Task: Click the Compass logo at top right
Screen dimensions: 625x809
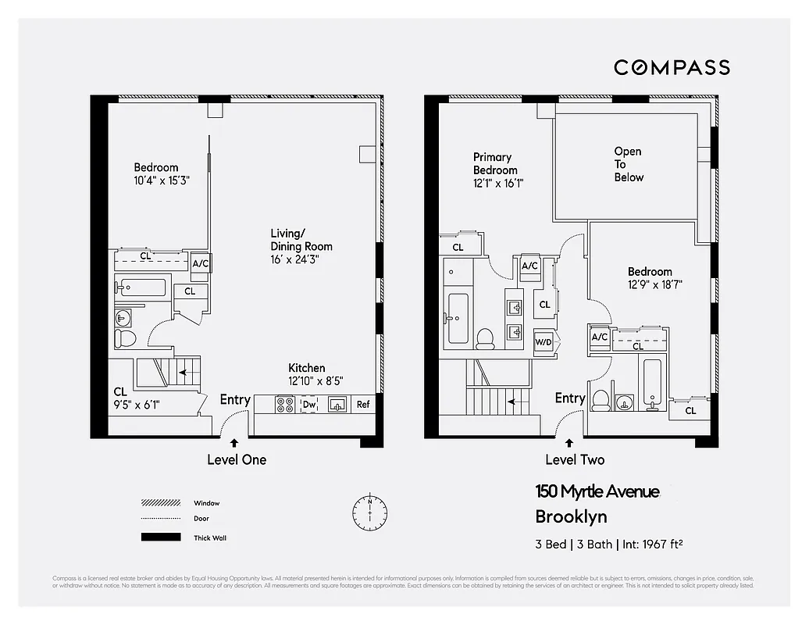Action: (672, 67)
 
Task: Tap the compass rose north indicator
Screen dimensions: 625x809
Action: (369, 511)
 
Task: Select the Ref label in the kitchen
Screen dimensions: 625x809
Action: (363, 405)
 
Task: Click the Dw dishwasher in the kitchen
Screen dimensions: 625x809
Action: (309, 405)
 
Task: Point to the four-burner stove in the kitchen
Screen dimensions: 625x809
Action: (285, 405)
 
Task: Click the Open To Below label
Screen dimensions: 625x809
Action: (629, 164)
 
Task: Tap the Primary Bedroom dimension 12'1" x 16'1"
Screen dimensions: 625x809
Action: (498, 184)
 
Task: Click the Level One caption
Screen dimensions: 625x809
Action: (236, 460)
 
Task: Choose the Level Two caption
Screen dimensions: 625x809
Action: (574, 460)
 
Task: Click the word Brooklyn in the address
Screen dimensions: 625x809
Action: (571, 516)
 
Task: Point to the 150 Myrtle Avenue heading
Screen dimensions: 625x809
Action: (597, 491)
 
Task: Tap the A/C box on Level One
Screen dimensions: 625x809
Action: (201, 264)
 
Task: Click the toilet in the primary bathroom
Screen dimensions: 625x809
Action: (485, 337)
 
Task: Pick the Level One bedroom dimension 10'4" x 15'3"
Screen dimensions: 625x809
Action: (162, 180)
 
